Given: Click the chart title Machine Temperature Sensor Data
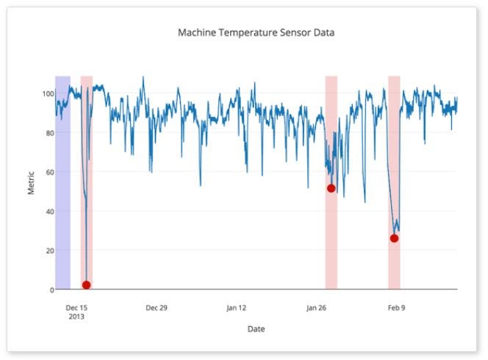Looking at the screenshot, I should (x=256, y=32).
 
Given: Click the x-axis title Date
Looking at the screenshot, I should (x=256, y=329).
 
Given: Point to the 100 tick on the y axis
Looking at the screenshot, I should (x=47, y=94).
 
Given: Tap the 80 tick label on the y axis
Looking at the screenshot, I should (x=49, y=133).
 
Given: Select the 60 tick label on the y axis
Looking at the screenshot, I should (x=49, y=172).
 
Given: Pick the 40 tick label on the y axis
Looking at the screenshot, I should (x=49, y=212).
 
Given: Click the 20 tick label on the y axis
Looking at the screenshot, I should (x=49, y=251).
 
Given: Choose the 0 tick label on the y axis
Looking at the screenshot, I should (x=51, y=289).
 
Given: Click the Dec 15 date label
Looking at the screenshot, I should (x=76, y=308).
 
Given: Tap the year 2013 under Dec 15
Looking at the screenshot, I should (x=76, y=317).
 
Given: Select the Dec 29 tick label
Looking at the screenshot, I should (x=157, y=308).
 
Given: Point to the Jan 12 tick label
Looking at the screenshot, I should (x=236, y=308).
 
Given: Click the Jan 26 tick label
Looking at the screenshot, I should (x=316, y=308).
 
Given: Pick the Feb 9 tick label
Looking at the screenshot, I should (x=396, y=308).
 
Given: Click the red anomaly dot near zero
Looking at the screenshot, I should (x=87, y=285).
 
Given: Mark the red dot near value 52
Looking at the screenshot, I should (x=331, y=188).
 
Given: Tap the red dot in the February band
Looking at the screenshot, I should (x=395, y=238).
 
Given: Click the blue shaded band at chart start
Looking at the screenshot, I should (x=62, y=184).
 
